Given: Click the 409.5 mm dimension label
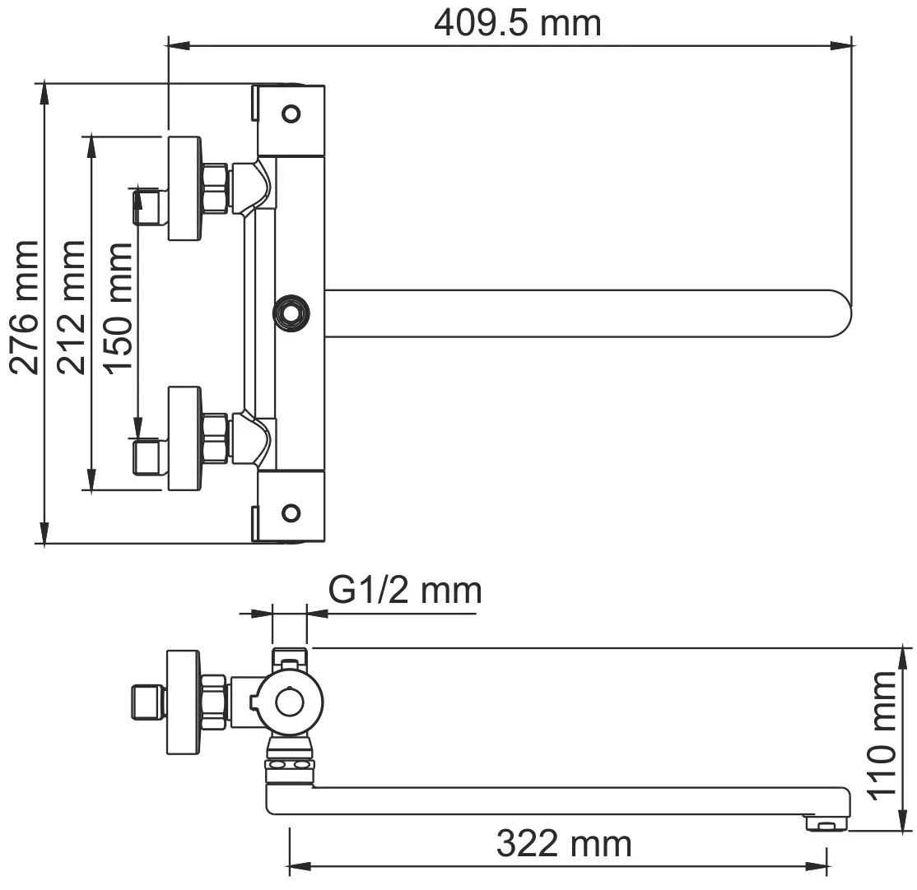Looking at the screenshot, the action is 518,23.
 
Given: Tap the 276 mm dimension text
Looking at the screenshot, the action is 25,307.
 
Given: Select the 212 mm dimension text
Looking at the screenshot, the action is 72,307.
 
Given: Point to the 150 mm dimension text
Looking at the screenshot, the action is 118,308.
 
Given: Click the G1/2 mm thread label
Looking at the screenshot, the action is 405,591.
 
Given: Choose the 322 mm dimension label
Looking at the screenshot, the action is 565,844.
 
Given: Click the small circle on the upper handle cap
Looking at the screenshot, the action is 291,114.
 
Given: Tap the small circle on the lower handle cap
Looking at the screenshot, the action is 291,513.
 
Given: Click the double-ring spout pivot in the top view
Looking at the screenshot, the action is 291,313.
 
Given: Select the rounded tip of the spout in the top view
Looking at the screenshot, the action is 842,313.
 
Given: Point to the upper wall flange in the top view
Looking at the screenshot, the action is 185,188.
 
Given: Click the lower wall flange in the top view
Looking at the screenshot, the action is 185,438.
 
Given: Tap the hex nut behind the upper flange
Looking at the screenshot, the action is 215,188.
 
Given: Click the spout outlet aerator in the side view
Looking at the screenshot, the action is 826,823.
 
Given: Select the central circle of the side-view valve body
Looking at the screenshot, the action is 290,702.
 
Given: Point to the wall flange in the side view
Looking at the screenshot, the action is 184,702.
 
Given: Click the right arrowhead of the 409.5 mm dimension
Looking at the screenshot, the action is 841,45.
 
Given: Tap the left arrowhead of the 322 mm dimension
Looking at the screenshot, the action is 300,865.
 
